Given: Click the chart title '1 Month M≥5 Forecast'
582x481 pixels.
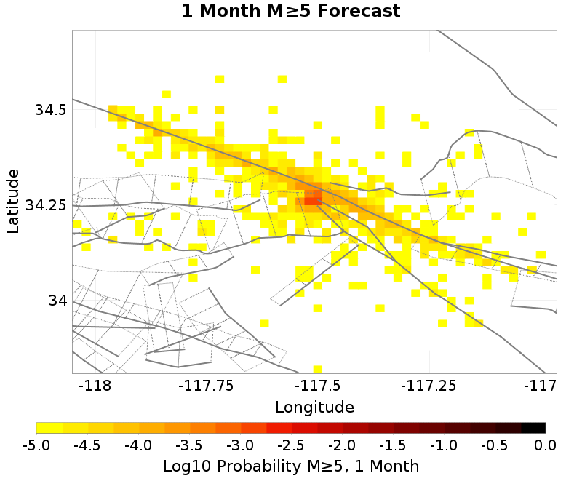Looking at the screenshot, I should coord(290,12).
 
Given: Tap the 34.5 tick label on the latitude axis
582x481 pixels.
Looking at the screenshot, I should coord(50,110).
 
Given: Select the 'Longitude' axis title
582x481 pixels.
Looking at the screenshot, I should coord(314,407).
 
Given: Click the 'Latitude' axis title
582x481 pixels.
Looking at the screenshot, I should coord(12,201).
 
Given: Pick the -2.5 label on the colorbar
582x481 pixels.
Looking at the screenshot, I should coord(291,445).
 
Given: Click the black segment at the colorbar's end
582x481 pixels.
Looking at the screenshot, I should coord(533,428).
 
